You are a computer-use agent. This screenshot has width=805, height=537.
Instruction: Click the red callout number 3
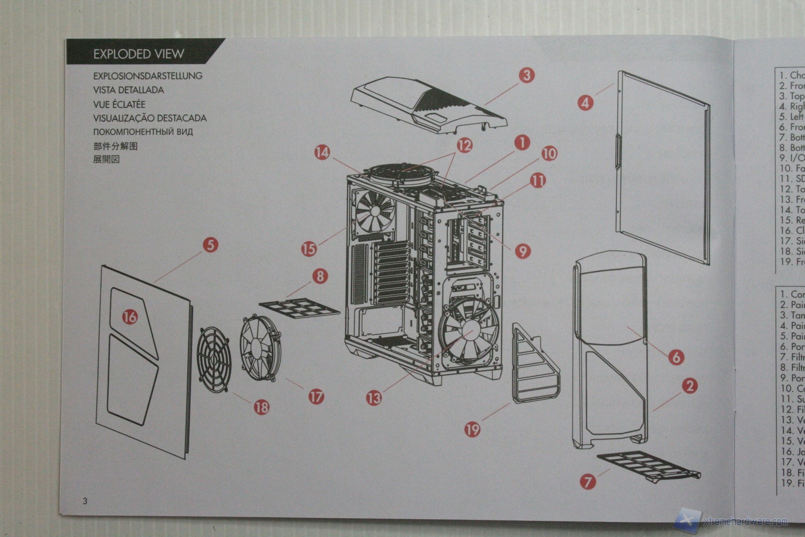tap(527, 75)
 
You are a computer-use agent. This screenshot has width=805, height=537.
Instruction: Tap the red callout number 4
tap(586, 103)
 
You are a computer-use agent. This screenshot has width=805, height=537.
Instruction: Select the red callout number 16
tap(130, 317)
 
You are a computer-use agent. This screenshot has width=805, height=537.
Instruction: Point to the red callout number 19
tap(472, 429)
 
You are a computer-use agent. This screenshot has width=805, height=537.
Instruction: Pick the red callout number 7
tap(588, 481)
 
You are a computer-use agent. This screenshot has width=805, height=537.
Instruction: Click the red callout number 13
tap(374, 398)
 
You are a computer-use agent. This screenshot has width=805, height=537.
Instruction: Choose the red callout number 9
tap(523, 251)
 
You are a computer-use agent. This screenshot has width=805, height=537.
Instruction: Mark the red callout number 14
tap(322, 152)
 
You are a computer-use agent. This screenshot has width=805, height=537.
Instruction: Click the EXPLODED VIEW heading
tap(138, 54)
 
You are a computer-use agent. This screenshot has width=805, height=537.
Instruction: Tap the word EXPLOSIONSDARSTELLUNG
tap(148, 76)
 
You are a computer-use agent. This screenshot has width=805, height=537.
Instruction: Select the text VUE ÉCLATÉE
tap(119, 104)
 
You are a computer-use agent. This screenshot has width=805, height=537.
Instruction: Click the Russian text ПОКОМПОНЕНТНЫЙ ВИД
tap(143, 132)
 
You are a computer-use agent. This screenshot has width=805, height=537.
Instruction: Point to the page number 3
tap(85, 501)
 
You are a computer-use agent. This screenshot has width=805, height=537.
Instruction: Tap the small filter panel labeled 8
tap(299, 308)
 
